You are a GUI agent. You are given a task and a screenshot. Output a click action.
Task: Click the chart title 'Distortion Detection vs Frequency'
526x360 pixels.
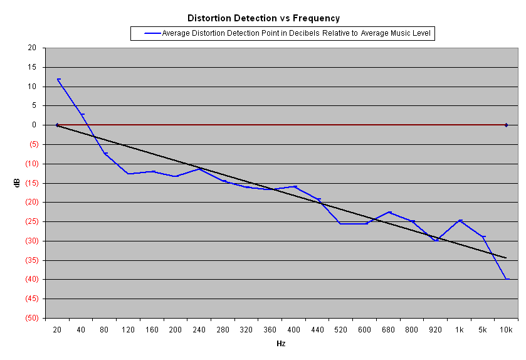[263, 18]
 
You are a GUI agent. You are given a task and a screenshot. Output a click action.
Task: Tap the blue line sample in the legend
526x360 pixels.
[152, 33]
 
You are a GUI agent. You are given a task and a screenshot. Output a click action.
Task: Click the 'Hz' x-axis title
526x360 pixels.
[281, 344]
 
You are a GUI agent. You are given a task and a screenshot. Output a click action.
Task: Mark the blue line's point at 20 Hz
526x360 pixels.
[58, 79]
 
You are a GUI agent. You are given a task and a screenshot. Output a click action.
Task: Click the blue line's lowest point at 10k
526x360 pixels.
[507, 278]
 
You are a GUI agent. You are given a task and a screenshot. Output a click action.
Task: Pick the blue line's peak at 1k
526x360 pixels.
[460, 220]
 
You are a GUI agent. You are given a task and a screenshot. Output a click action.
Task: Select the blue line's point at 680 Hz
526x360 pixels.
[389, 212]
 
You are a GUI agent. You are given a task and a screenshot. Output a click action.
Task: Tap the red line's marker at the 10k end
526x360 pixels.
[507, 125]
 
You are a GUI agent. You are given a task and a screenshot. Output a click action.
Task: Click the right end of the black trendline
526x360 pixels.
[507, 258]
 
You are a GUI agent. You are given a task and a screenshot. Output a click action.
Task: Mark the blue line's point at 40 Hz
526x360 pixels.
[82, 114]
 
